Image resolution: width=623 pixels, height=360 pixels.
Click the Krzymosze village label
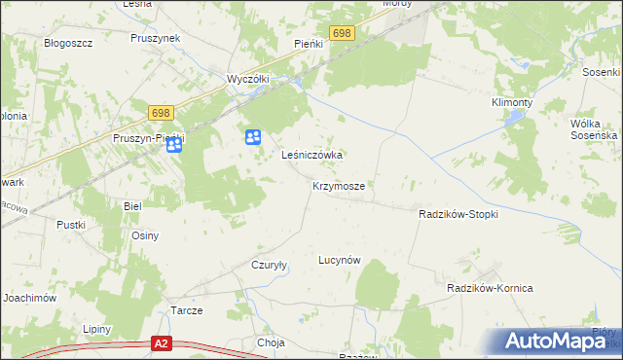(339, 185)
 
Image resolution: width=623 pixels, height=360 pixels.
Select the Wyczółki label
(246, 78)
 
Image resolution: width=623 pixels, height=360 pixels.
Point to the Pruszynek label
(156, 38)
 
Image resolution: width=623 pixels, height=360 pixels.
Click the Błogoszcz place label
(68, 44)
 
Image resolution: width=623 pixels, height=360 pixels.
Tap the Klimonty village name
(512, 101)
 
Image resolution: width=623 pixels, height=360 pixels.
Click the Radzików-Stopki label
(458, 214)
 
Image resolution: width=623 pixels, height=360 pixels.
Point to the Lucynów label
(340, 261)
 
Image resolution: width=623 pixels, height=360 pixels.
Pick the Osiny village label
(145, 235)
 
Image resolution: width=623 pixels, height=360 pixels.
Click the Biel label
(133, 206)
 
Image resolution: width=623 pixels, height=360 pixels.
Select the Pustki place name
(71, 225)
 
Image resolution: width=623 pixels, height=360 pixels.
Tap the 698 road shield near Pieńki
(341, 33)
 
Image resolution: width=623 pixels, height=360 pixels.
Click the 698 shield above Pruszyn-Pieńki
(162, 114)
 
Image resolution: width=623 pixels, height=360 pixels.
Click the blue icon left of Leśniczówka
(253, 138)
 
